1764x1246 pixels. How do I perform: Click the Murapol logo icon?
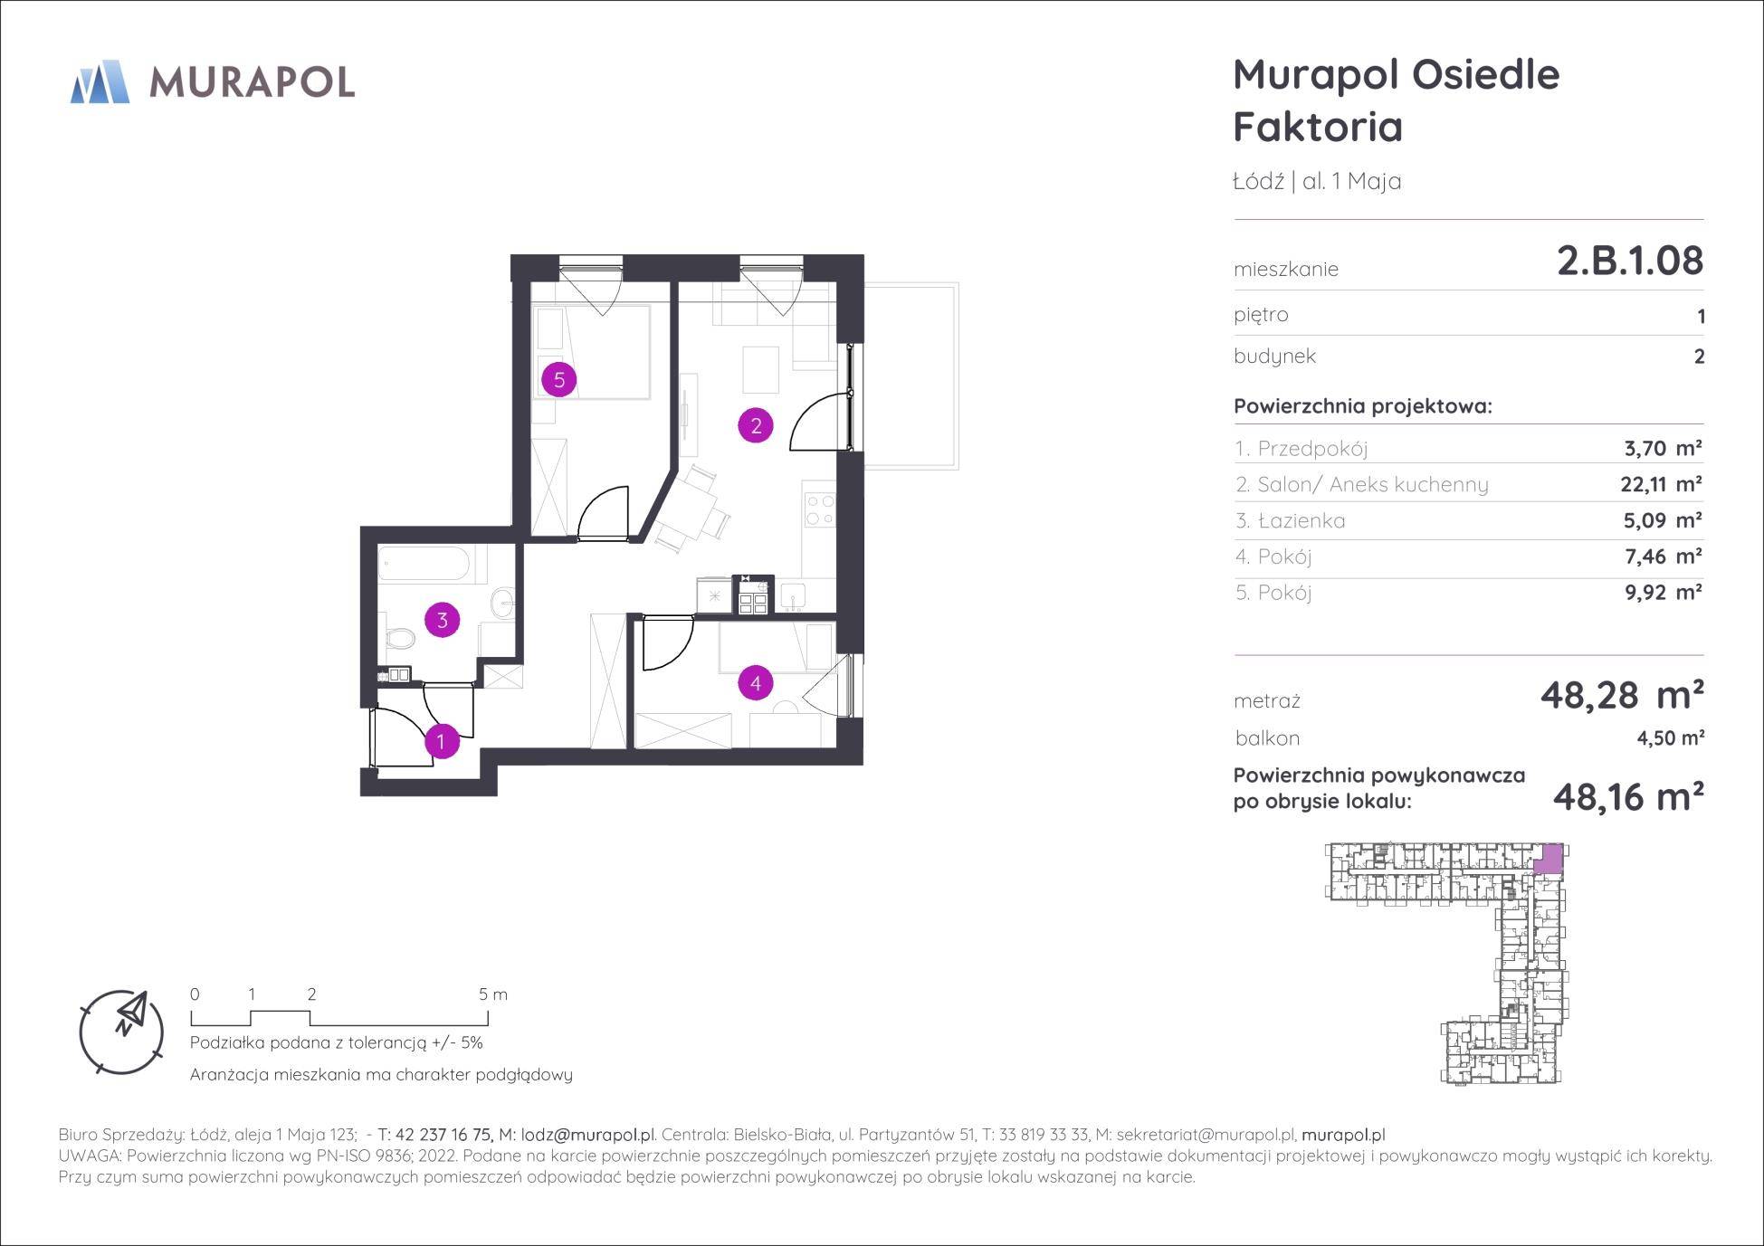click(x=100, y=81)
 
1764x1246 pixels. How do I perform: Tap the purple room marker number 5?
click(x=559, y=379)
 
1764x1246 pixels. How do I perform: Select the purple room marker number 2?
click(x=756, y=425)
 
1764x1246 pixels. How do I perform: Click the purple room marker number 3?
click(x=443, y=620)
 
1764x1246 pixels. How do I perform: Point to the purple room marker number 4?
click(x=756, y=683)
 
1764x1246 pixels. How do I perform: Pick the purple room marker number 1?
click(x=442, y=742)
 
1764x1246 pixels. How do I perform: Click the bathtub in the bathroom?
click(x=424, y=566)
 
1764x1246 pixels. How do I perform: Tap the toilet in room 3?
click(x=397, y=639)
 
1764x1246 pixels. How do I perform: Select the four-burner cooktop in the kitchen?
click(x=819, y=510)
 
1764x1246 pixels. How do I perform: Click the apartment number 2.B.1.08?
click(x=1630, y=261)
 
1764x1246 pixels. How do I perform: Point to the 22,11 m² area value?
click(x=1661, y=484)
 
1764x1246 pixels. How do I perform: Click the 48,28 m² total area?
click(x=1622, y=696)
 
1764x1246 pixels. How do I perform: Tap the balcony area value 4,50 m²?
click(x=1671, y=738)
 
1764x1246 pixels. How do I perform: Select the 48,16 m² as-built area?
click(x=1628, y=797)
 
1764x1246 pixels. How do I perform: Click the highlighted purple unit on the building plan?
click(x=1549, y=858)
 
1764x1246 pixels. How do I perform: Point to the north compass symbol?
click(x=122, y=1032)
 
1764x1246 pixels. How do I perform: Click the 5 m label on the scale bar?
click(x=493, y=994)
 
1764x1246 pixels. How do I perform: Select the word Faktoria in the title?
click(x=1318, y=127)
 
